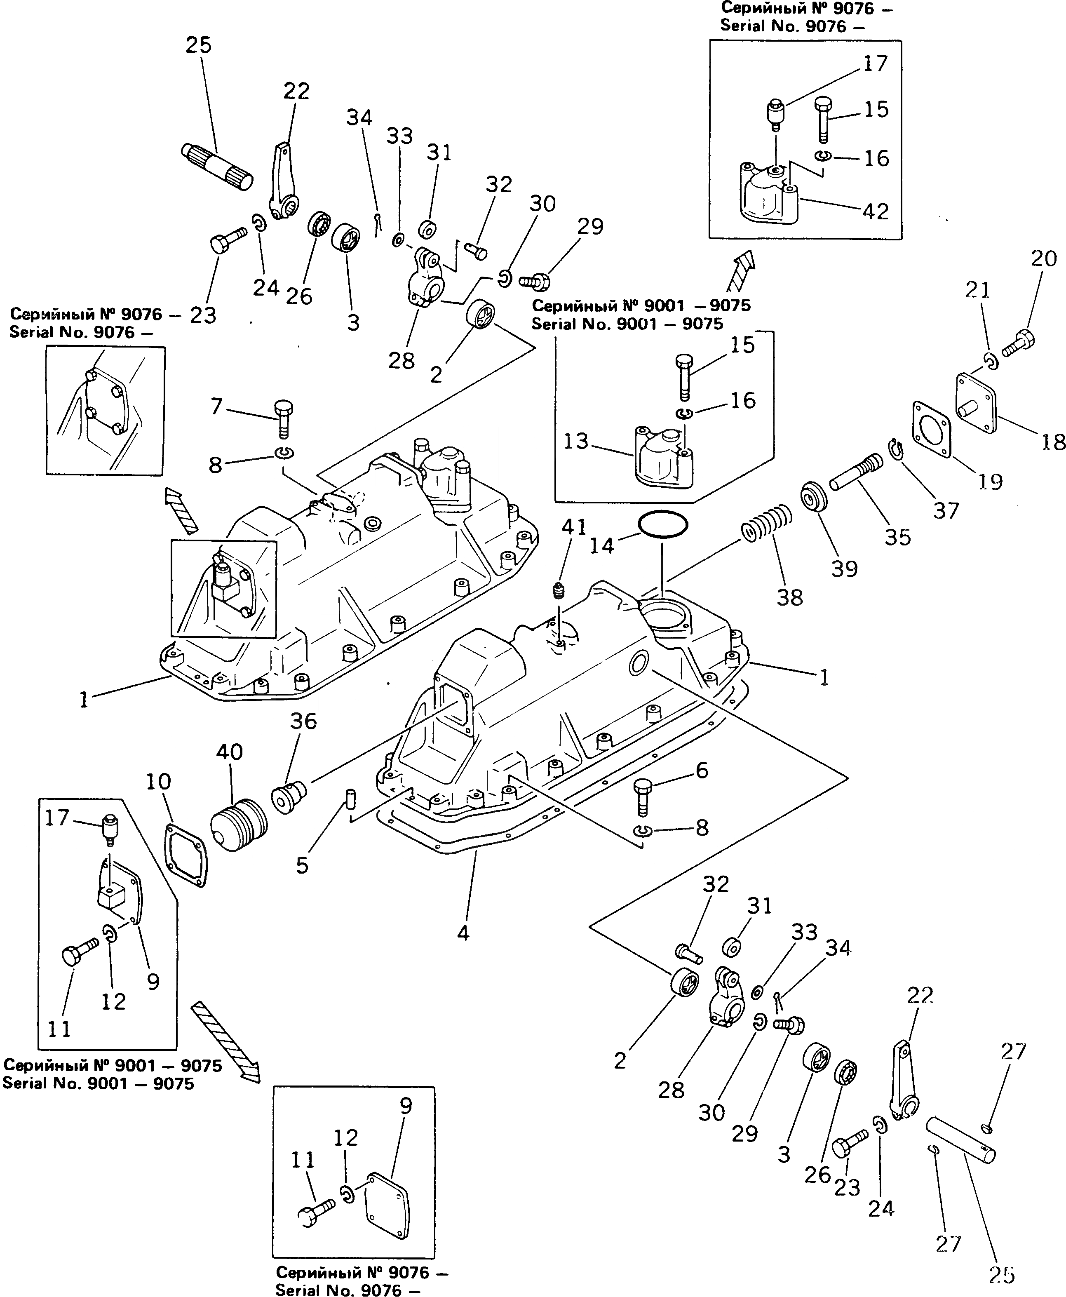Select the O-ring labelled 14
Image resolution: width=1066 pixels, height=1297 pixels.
click(662, 524)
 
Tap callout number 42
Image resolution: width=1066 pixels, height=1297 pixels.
click(875, 211)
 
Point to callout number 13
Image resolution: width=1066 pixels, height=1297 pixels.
click(576, 441)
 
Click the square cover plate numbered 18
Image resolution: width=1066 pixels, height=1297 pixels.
click(977, 402)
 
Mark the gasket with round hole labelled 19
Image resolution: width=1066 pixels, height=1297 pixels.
click(932, 429)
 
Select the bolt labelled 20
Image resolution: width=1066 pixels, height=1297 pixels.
click(1019, 343)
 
